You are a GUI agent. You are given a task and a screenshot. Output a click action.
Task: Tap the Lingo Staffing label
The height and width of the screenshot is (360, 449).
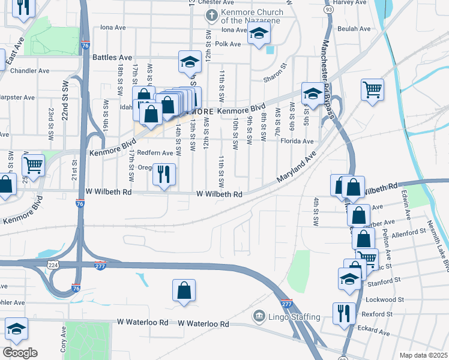287,315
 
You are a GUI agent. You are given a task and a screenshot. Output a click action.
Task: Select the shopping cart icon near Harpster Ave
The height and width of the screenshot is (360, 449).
33,166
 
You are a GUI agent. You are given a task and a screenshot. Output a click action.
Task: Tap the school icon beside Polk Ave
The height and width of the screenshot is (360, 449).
258,35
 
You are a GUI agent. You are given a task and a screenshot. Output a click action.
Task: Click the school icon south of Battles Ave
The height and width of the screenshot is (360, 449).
189,62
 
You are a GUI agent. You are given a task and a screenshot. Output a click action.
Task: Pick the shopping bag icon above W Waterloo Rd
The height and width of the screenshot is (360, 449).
184,291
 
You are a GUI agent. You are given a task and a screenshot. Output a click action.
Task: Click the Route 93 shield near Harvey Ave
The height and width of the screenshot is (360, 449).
328,10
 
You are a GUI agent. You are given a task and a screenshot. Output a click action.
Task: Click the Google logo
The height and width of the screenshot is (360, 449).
20,353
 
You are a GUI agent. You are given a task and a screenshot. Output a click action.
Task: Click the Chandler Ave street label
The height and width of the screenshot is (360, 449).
30,71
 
